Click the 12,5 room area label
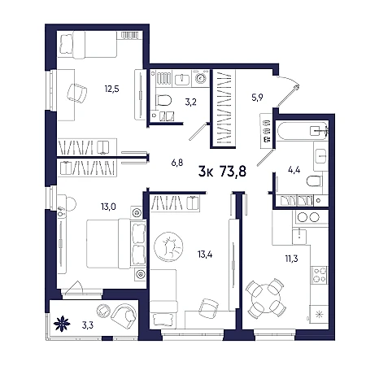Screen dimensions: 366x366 (111, 89)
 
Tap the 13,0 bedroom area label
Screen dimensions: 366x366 (108, 207)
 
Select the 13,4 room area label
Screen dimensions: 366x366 (205, 255)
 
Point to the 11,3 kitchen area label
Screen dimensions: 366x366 (291, 259)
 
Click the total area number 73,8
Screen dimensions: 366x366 (233, 172)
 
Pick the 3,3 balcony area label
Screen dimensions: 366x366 (88, 325)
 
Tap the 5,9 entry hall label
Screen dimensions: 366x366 (257, 98)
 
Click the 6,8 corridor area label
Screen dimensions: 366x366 (177, 163)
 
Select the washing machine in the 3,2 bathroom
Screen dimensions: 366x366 (201, 78)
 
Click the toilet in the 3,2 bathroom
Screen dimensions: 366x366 (163, 100)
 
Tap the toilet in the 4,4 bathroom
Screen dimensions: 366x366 (315, 181)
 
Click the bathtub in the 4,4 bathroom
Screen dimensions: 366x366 (302, 131)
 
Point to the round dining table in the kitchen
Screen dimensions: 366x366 (266, 298)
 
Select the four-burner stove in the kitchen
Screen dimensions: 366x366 (320, 275)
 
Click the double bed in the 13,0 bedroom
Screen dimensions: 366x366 (116, 243)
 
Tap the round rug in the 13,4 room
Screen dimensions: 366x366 (168, 246)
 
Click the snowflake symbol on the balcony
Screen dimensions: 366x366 (62, 324)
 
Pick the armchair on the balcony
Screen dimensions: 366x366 (124, 315)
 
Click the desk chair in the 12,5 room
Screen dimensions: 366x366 (77, 93)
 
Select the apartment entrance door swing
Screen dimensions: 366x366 (288, 92)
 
